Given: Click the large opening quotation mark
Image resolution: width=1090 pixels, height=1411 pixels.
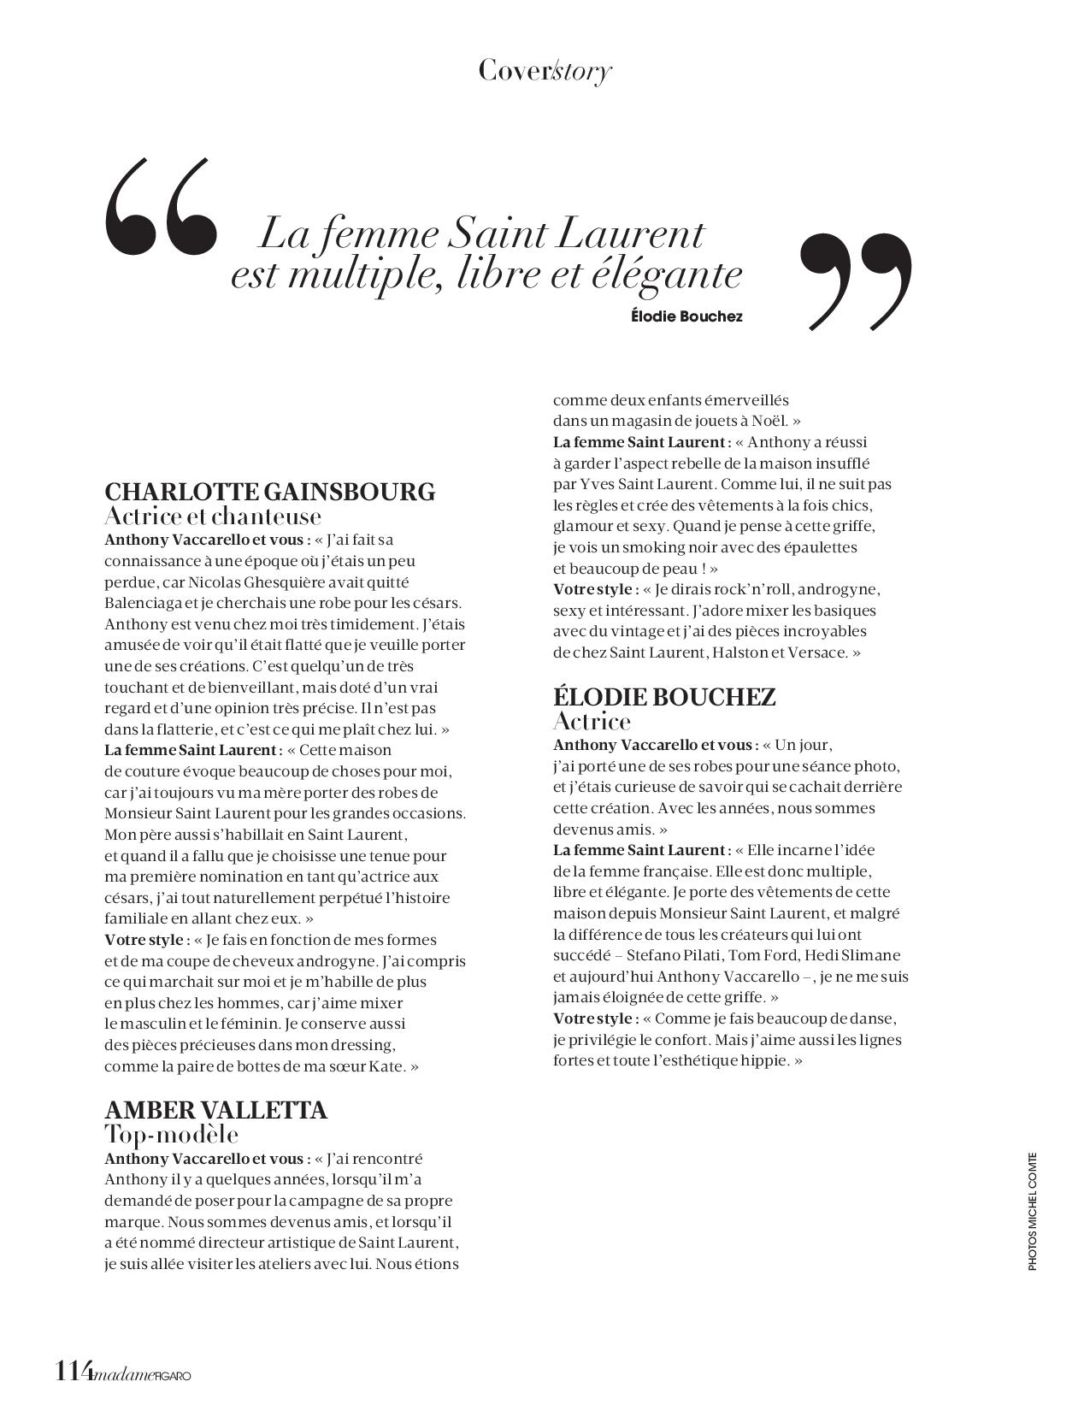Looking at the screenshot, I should (161, 207).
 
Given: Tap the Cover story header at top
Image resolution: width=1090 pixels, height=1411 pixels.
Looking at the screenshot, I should (545, 70).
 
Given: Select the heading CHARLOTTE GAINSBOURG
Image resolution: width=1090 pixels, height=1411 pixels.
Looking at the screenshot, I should (269, 492).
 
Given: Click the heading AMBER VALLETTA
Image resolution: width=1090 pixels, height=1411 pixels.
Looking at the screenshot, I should (215, 1110).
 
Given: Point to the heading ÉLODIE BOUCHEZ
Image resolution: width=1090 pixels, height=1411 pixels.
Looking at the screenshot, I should (664, 697).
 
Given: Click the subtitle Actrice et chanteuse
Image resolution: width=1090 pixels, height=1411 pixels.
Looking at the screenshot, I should (213, 517).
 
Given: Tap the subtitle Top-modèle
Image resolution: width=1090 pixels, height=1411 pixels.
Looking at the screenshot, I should (171, 1135).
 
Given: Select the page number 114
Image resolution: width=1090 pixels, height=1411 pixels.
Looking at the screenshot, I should (74, 1371).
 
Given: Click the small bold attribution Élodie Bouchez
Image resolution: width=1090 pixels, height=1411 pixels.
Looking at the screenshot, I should (686, 316).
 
